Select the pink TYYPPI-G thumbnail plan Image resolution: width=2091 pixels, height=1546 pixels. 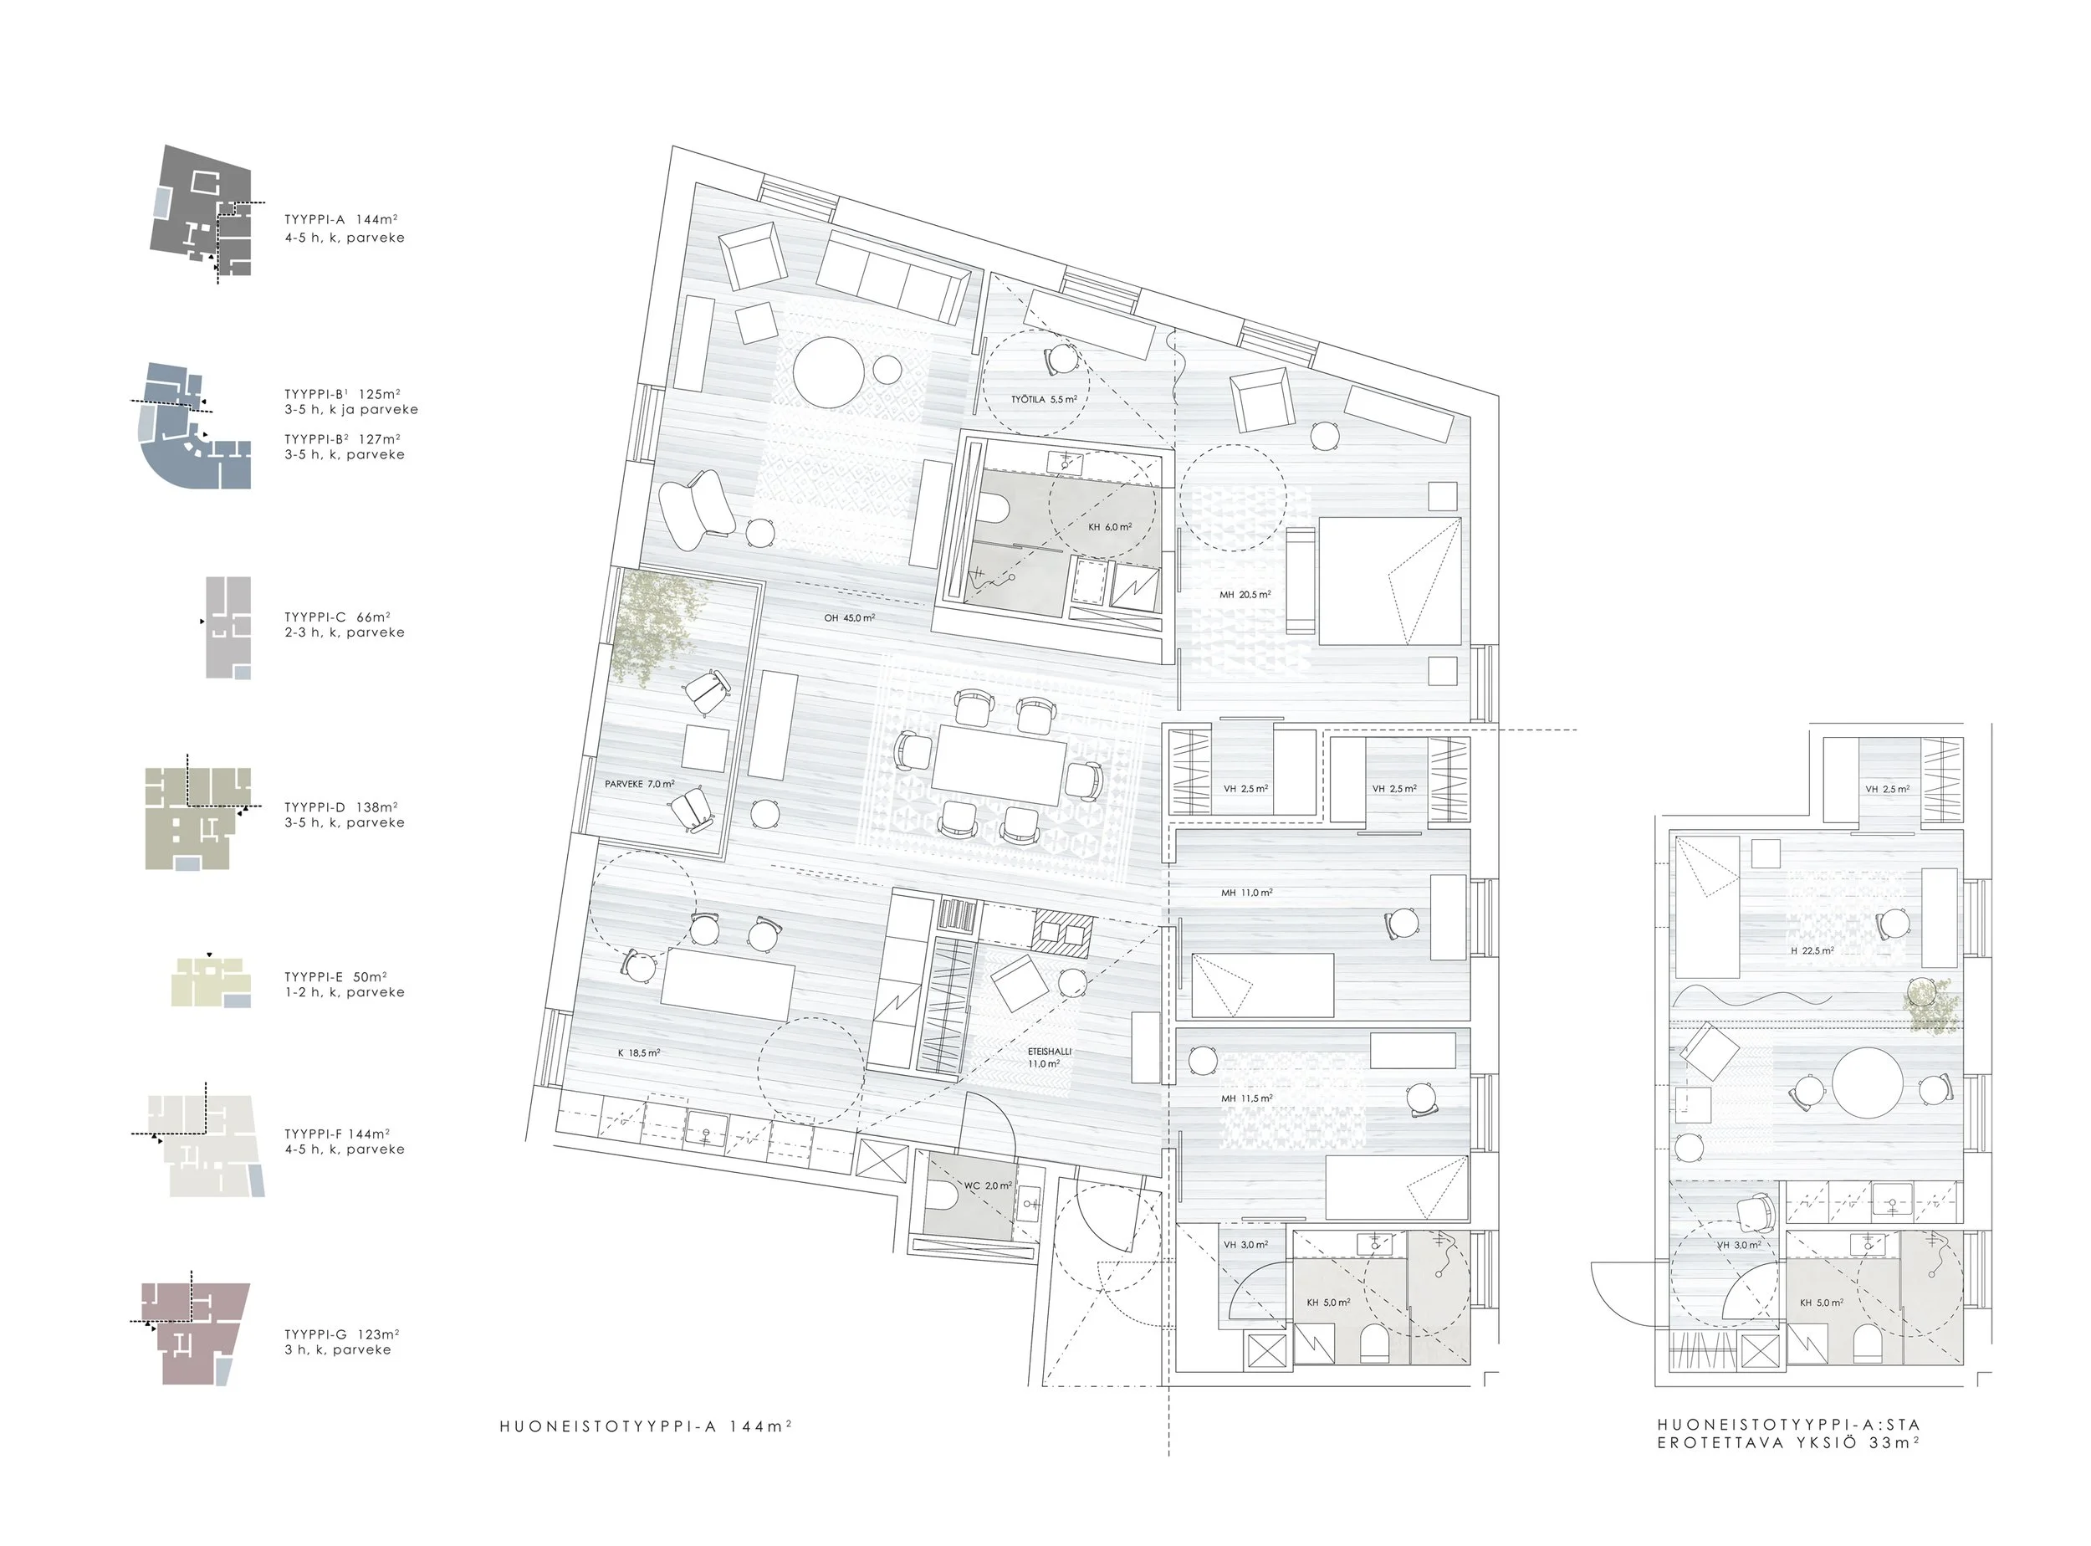tap(196, 1334)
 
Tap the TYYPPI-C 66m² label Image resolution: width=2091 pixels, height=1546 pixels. tap(337, 617)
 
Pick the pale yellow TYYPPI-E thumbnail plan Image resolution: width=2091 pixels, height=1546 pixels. tap(212, 981)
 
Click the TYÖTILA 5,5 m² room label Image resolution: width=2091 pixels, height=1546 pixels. tap(1044, 400)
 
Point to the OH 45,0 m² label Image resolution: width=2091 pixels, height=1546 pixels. tap(850, 617)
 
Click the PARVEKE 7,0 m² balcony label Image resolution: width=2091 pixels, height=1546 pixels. tap(640, 784)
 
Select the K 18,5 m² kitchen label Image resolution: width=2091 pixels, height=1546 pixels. tap(639, 1052)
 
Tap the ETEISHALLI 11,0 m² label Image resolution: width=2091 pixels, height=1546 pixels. tap(1049, 1057)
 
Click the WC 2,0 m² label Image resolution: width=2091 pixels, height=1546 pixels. tap(988, 1185)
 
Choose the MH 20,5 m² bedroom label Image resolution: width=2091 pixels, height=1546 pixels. tap(1245, 594)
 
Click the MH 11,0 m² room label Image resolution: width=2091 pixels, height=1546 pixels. tap(1246, 893)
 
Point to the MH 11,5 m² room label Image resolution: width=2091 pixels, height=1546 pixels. tap(1246, 1098)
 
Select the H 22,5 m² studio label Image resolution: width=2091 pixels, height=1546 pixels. tap(1812, 951)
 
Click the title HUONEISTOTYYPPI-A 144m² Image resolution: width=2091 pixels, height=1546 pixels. tap(646, 1427)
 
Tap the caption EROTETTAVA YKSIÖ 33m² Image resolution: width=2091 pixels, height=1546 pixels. tap(1789, 1443)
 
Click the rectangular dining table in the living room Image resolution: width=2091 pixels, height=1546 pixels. tap(999, 765)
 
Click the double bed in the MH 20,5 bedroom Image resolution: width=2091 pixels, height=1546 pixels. tap(1389, 581)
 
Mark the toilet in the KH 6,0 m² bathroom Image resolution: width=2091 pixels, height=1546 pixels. tap(994, 508)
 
